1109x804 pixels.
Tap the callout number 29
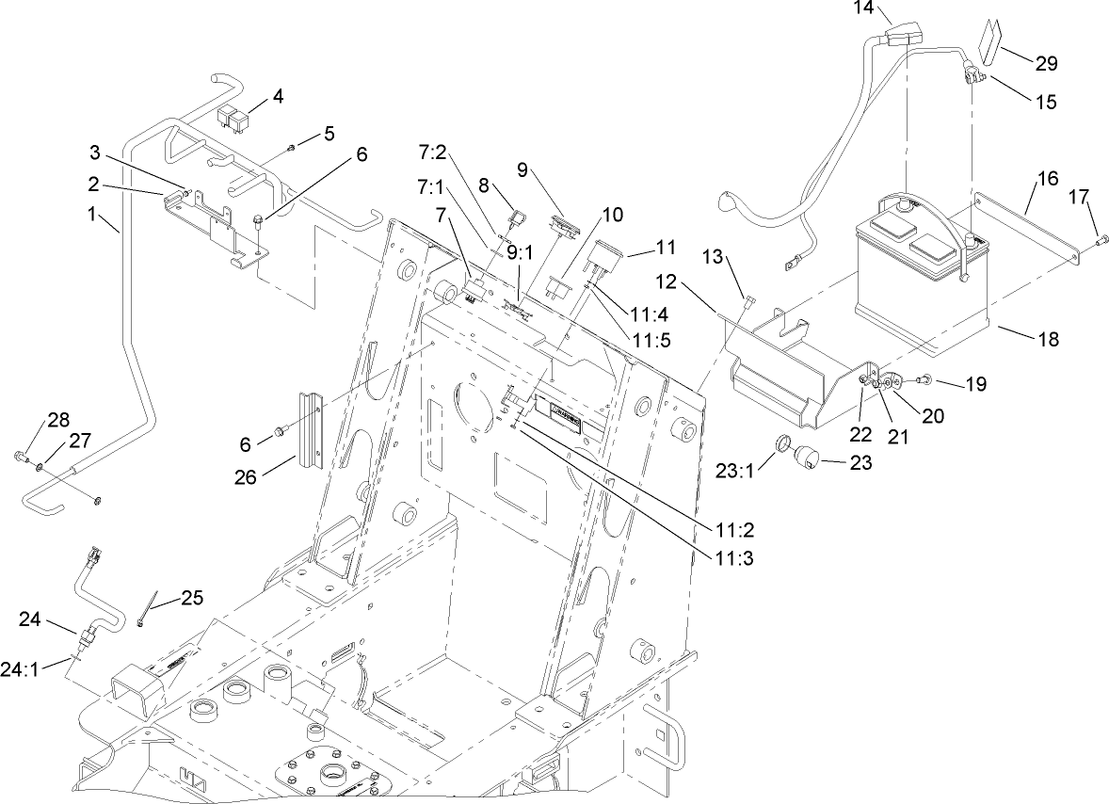pos(1046,64)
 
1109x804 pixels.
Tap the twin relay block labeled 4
pos(233,118)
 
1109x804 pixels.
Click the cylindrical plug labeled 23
pos(807,459)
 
